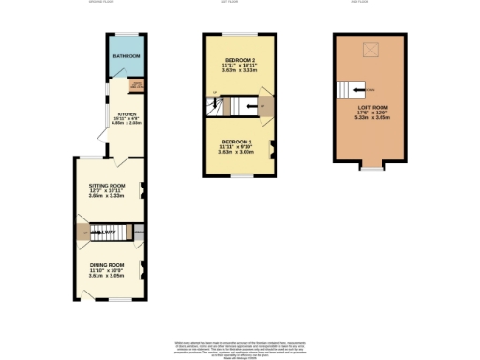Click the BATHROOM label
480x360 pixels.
[126, 57]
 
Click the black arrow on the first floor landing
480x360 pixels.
[249, 106]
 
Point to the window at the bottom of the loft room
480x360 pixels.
[373, 169]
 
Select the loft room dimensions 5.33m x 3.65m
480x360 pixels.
[367, 119]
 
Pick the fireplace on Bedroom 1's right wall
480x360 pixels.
[271, 146]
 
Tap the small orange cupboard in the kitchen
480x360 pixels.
[135, 86]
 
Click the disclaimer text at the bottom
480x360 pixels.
[240, 346]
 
